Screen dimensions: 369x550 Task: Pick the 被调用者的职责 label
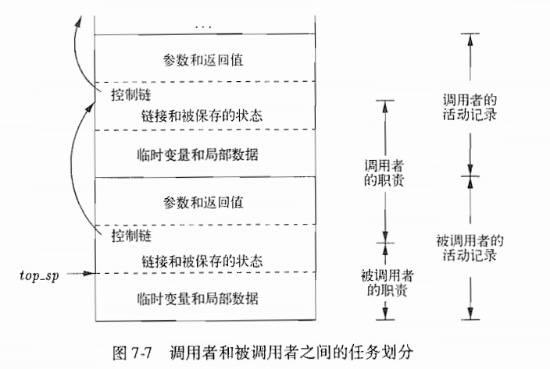click(x=383, y=285)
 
